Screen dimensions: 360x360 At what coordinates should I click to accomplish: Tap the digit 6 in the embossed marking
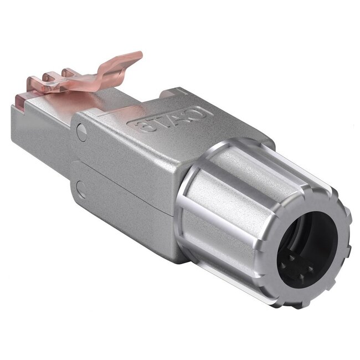pyautogui.click(x=145, y=126)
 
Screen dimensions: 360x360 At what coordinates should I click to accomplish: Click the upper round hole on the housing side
pyautogui.click(x=82, y=132)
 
